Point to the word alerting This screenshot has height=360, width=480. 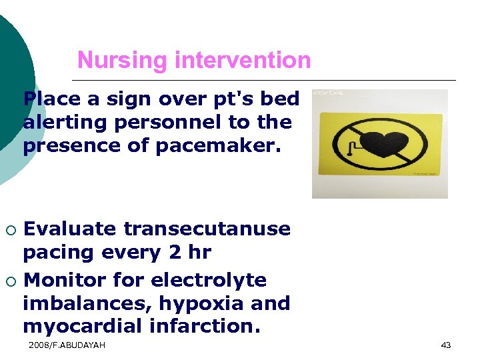point(64,123)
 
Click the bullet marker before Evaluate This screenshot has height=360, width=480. point(10,230)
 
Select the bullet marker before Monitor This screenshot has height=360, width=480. point(10,281)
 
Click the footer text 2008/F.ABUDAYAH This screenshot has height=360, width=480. point(67,345)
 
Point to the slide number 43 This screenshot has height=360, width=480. point(446,345)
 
